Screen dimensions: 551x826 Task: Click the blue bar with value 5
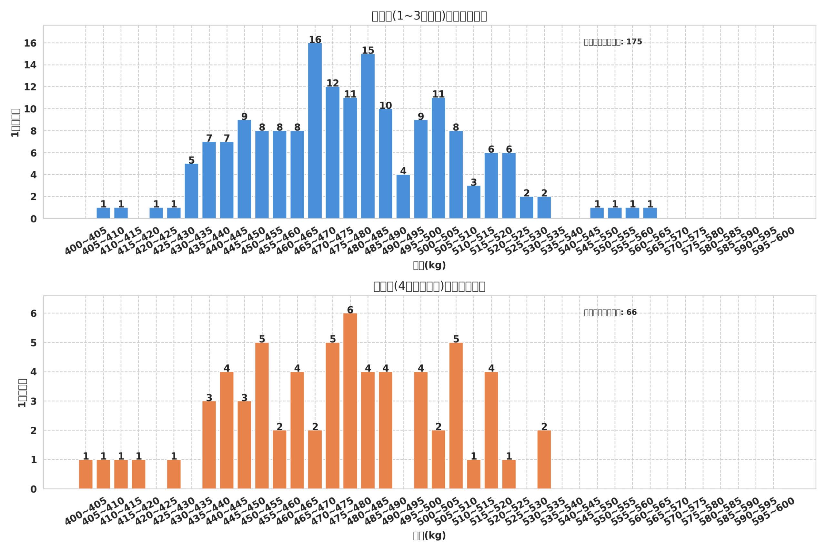click(x=191, y=191)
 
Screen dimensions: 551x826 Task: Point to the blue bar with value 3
click(x=473, y=202)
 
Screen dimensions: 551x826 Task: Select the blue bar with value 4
click(x=403, y=197)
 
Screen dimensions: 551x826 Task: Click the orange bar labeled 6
click(x=350, y=401)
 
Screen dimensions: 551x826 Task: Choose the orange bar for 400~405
click(x=86, y=474)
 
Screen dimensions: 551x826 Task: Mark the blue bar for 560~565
click(x=650, y=213)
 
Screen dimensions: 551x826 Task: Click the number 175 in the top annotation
click(x=634, y=42)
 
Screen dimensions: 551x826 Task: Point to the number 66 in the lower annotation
click(x=631, y=313)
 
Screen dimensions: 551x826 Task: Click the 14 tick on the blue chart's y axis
click(x=30, y=65)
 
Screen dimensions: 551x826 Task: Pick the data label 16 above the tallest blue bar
click(x=315, y=40)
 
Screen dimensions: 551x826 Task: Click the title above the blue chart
click(x=429, y=16)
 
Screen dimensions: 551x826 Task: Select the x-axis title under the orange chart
click(x=429, y=536)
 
